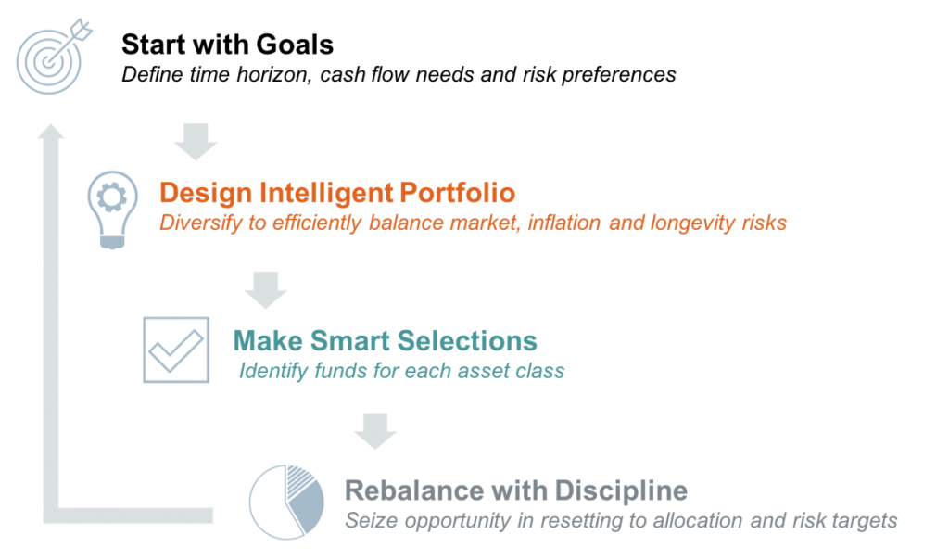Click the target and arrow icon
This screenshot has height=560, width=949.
(x=53, y=57)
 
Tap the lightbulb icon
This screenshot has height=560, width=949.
(x=112, y=210)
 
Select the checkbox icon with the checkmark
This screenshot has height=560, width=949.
(x=176, y=350)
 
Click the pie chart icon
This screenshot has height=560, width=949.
(x=286, y=502)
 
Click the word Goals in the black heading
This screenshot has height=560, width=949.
(x=295, y=45)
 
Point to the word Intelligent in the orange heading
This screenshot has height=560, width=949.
(x=327, y=193)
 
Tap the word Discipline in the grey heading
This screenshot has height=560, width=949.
(x=621, y=490)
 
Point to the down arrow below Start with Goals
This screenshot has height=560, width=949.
(x=196, y=142)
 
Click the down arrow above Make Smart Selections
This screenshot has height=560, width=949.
(x=265, y=290)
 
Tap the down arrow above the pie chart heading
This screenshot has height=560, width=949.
(x=375, y=431)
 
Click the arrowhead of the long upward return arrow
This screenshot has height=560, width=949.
(x=51, y=131)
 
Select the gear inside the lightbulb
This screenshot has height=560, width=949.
(x=112, y=197)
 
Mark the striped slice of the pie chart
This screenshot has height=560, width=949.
(x=300, y=479)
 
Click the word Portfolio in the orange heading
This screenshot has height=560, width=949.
(x=458, y=193)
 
